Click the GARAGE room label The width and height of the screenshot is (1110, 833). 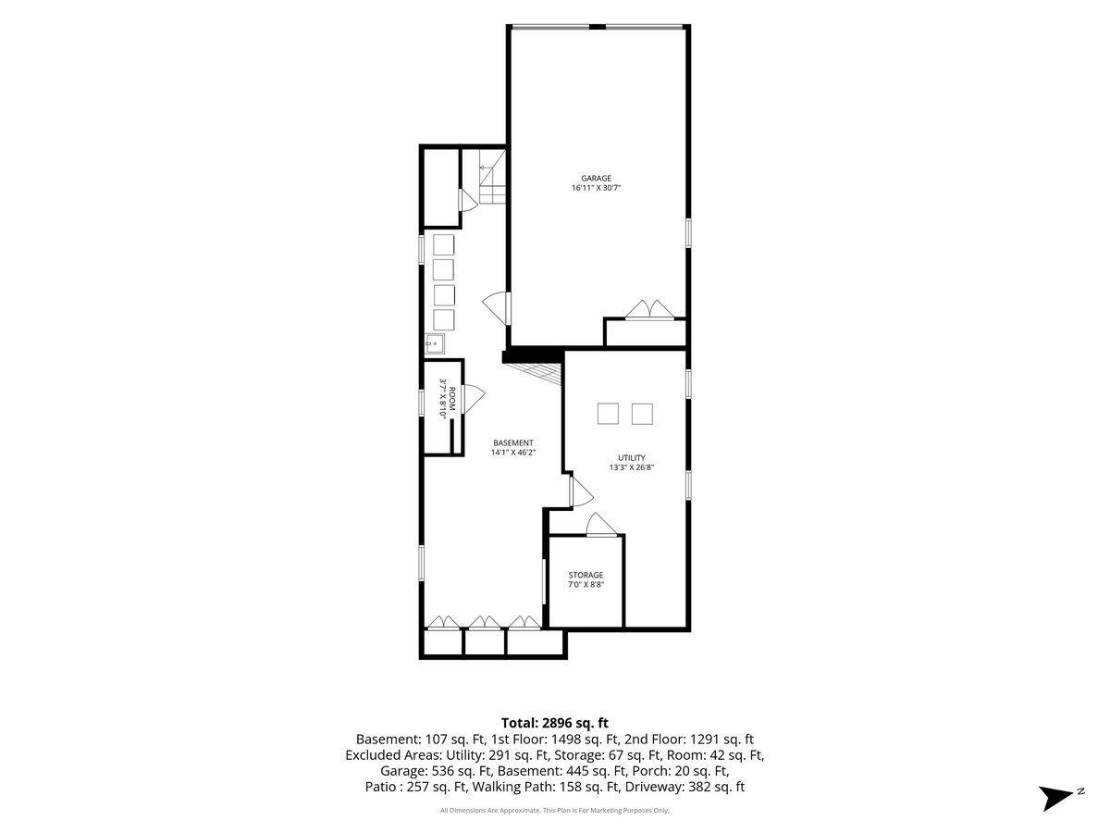(x=596, y=178)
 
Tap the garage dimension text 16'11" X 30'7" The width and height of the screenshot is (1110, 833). (x=596, y=188)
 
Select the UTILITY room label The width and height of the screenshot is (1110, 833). (x=632, y=458)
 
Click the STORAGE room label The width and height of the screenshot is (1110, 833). (x=586, y=575)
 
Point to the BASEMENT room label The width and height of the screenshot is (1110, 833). (x=512, y=442)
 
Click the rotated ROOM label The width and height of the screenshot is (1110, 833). (x=452, y=399)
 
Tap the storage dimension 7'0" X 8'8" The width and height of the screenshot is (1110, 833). (x=586, y=585)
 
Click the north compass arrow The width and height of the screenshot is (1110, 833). (x=1056, y=798)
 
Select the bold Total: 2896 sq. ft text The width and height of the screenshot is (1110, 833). (x=555, y=723)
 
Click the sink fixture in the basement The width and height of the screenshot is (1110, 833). (x=435, y=344)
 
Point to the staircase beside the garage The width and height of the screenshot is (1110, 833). (x=492, y=177)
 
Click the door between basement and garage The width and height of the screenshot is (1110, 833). (x=497, y=308)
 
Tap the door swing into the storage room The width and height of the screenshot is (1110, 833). (x=601, y=525)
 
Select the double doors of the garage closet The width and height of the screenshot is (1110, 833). (x=649, y=309)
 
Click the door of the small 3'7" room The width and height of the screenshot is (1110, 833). (x=474, y=398)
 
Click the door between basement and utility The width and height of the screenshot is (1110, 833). (x=581, y=491)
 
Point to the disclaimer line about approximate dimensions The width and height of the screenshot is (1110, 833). (x=554, y=810)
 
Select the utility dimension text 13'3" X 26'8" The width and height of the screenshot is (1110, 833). (x=632, y=467)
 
